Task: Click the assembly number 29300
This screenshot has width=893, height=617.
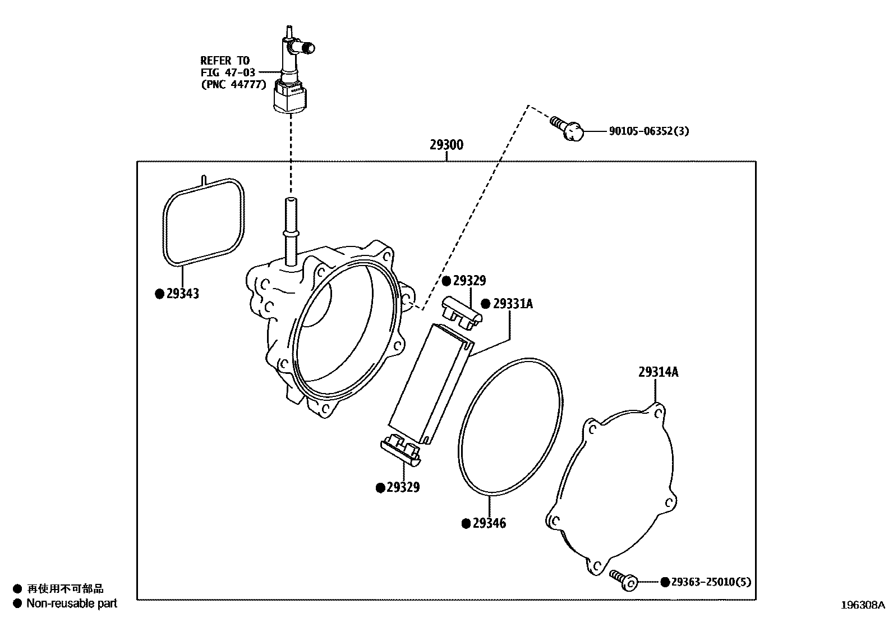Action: click(x=446, y=145)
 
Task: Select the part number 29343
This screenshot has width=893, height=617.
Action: click(x=182, y=294)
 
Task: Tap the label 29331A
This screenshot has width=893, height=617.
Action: click(x=513, y=304)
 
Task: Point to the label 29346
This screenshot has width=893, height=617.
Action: click(x=489, y=523)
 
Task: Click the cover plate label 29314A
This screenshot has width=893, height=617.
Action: click(x=658, y=372)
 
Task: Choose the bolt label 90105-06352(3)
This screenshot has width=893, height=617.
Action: click(x=649, y=131)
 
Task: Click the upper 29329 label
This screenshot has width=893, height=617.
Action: click(x=469, y=281)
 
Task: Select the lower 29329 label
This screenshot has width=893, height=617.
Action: click(x=403, y=487)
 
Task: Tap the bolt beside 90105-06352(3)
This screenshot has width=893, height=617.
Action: click(x=568, y=129)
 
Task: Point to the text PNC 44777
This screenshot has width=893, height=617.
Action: click(x=233, y=85)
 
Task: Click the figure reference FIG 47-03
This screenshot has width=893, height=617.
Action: click(x=228, y=72)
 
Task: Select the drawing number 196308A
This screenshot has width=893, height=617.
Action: click(x=862, y=605)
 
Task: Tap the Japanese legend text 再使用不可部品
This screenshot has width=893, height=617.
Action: click(x=66, y=589)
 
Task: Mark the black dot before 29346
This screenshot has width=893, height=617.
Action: click(x=466, y=523)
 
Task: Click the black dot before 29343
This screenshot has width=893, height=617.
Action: click(x=159, y=294)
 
